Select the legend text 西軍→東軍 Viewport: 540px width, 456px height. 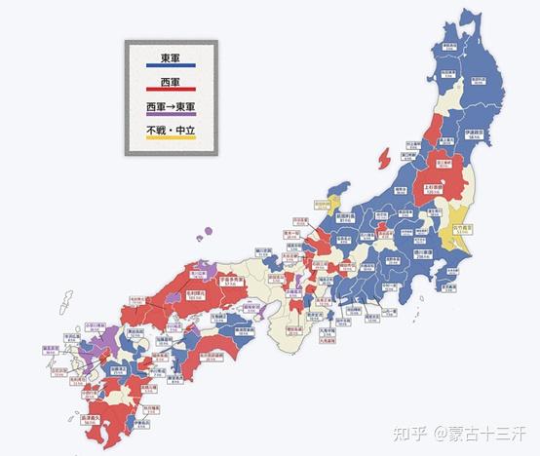(x=172, y=108)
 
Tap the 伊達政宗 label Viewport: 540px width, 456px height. (x=476, y=135)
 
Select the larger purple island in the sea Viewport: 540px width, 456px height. (x=206, y=234)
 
